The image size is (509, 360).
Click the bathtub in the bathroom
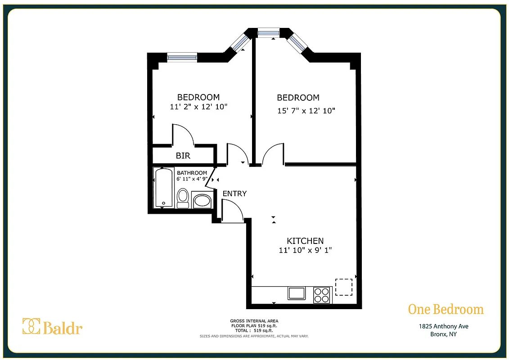pyautogui.click(x=164, y=188)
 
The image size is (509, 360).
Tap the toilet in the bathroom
pyautogui.click(x=183, y=198)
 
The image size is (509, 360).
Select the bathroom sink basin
pyautogui.click(x=202, y=200)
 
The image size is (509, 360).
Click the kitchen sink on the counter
pyautogui.click(x=297, y=293)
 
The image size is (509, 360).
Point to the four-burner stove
pyautogui.click(x=321, y=295)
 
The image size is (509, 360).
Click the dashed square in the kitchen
pyautogui.click(x=344, y=287)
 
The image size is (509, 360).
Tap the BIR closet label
pyautogui.click(x=183, y=156)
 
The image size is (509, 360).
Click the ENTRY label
pyautogui.click(x=234, y=193)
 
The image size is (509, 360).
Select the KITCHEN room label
pyautogui.click(x=305, y=241)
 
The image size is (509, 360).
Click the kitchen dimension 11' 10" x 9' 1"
pyautogui.click(x=305, y=250)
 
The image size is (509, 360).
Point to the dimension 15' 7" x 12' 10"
pyautogui.click(x=306, y=110)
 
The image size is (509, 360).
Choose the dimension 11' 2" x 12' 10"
pyautogui.click(x=198, y=107)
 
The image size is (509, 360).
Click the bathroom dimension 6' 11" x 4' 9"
pyautogui.click(x=192, y=179)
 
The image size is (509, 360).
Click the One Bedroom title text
pyautogui.click(x=446, y=310)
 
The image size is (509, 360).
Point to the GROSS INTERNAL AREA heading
pyautogui.click(x=254, y=321)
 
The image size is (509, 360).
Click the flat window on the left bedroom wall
pyautogui.click(x=182, y=57)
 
